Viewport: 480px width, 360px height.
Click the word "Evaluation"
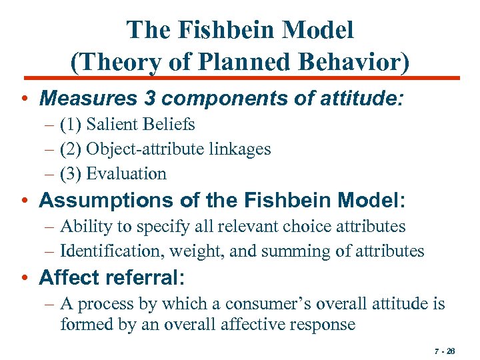click(x=127, y=173)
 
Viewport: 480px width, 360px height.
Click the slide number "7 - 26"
click(x=444, y=350)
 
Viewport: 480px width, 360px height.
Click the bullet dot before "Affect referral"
click(x=25, y=277)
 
